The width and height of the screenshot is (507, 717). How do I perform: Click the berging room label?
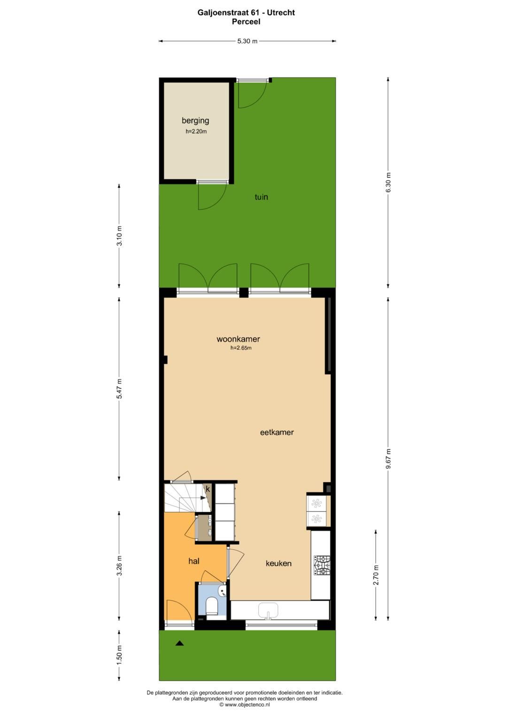click(x=195, y=121)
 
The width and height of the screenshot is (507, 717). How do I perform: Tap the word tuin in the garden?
click(x=261, y=197)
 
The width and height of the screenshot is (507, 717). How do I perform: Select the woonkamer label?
click(x=238, y=339)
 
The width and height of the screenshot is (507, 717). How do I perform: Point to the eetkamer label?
click(x=277, y=432)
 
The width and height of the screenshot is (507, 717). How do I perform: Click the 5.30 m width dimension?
click(x=247, y=41)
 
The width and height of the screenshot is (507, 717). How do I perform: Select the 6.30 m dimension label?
click(x=388, y=183)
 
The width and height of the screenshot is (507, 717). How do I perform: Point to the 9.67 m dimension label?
click(x=388, y=458)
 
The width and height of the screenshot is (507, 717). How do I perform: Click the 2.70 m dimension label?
click(x=376, y=575)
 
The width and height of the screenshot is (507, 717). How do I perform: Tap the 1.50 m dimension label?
click(x=119, y=655)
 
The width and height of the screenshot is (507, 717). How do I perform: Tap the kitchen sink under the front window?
click(x=268, y=609)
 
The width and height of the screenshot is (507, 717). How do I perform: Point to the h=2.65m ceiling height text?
click(x=241, y=348)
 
